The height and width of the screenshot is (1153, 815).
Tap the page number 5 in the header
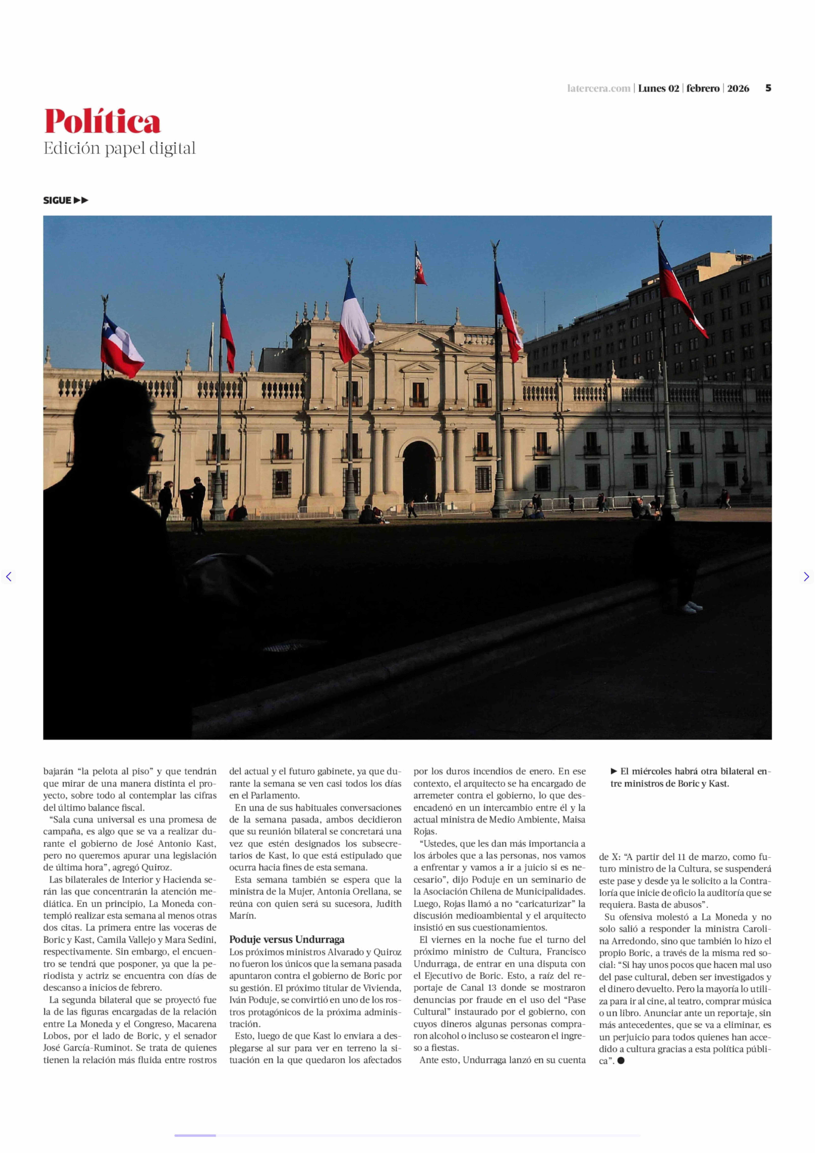pos(768,88)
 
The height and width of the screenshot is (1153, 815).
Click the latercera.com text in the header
pos(598,88)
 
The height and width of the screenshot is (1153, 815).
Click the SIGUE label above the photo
pos(57,200)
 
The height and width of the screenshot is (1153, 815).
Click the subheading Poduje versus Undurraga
pos(286,940)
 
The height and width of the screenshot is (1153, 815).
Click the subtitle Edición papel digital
pos(119,149)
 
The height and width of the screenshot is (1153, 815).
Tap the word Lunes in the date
pos(651,88)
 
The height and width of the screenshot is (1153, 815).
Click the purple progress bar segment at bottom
pos(195,1135)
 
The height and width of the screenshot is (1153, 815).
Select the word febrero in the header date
pos(703,88)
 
